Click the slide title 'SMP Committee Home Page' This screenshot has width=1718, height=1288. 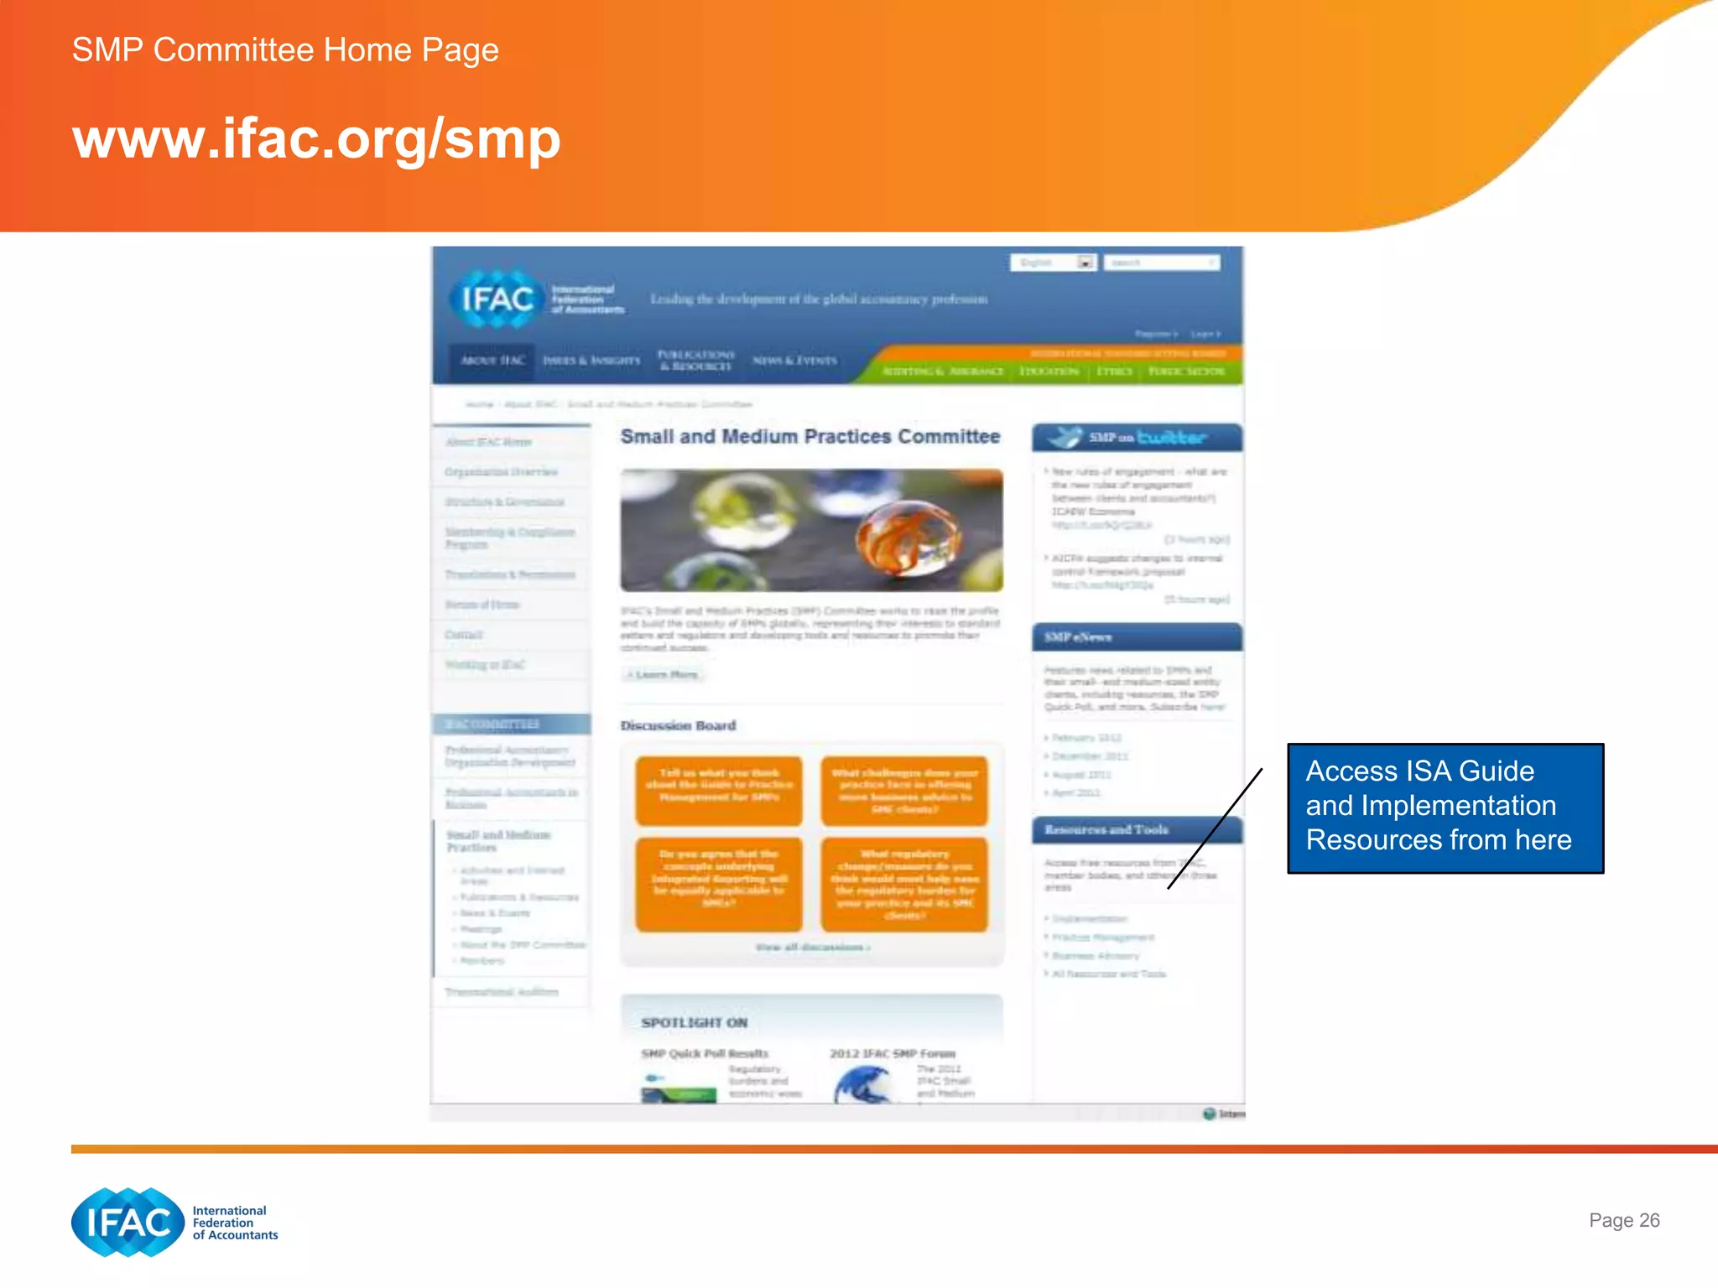pos(285,50)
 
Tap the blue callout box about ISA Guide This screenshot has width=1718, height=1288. pos(1445,808)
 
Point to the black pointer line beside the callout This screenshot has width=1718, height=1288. pos(1216,828)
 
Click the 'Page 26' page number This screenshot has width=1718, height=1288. pos(1623,1220)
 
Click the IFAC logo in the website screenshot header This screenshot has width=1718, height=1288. pos(497,299)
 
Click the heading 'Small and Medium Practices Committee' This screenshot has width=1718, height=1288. pos(810,437)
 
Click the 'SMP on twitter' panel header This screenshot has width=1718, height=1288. pos(1137,438)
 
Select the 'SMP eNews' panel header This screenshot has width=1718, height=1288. pos(1137,637)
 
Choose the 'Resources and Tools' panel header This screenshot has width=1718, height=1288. pos(1137,830)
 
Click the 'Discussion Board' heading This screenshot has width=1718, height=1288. pos(678,725)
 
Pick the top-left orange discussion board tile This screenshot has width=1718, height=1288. pos(719,790)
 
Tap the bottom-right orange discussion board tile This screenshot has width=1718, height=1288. pos(904,885)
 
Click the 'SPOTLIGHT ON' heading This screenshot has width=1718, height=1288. pos(694,1023)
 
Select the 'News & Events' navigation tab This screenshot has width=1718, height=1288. pos(794,361)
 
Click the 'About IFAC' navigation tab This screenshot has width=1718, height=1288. pos(492,361)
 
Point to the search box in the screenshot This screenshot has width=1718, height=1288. pos(1160,263)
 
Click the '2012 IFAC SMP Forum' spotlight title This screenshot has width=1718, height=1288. pos(893,1054)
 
